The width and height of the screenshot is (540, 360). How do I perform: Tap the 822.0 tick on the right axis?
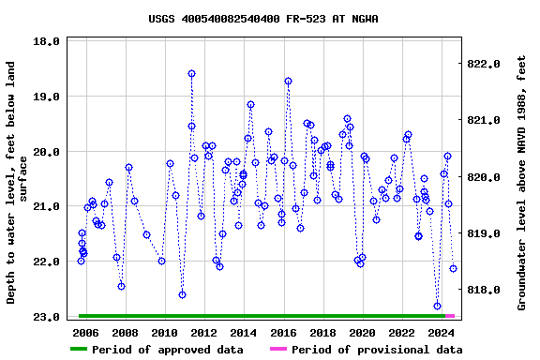coord(488,64)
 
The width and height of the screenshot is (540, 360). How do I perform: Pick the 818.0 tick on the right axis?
coord(488,291)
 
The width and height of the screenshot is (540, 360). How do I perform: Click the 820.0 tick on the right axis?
coord(488,177)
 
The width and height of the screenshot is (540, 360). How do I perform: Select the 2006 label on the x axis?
coord(85,332)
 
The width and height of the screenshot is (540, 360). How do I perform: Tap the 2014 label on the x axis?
coord(244,332)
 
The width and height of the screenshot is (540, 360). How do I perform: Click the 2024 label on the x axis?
coord(441,332)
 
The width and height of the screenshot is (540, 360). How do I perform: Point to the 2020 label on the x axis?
coord(362,332)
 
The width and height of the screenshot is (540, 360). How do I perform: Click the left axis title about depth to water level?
coord(18,182)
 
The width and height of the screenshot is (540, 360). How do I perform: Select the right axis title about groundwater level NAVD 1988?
coord(521,182)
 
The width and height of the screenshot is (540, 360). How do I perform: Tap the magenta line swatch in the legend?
coord(278,350)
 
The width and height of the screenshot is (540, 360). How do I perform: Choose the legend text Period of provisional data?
coord(376,350)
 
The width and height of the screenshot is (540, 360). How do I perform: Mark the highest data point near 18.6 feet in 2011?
coord(191,73)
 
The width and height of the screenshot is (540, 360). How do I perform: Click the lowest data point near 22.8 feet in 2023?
coord(437,306)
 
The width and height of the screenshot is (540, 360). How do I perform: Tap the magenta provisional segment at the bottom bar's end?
coord(450,316)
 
